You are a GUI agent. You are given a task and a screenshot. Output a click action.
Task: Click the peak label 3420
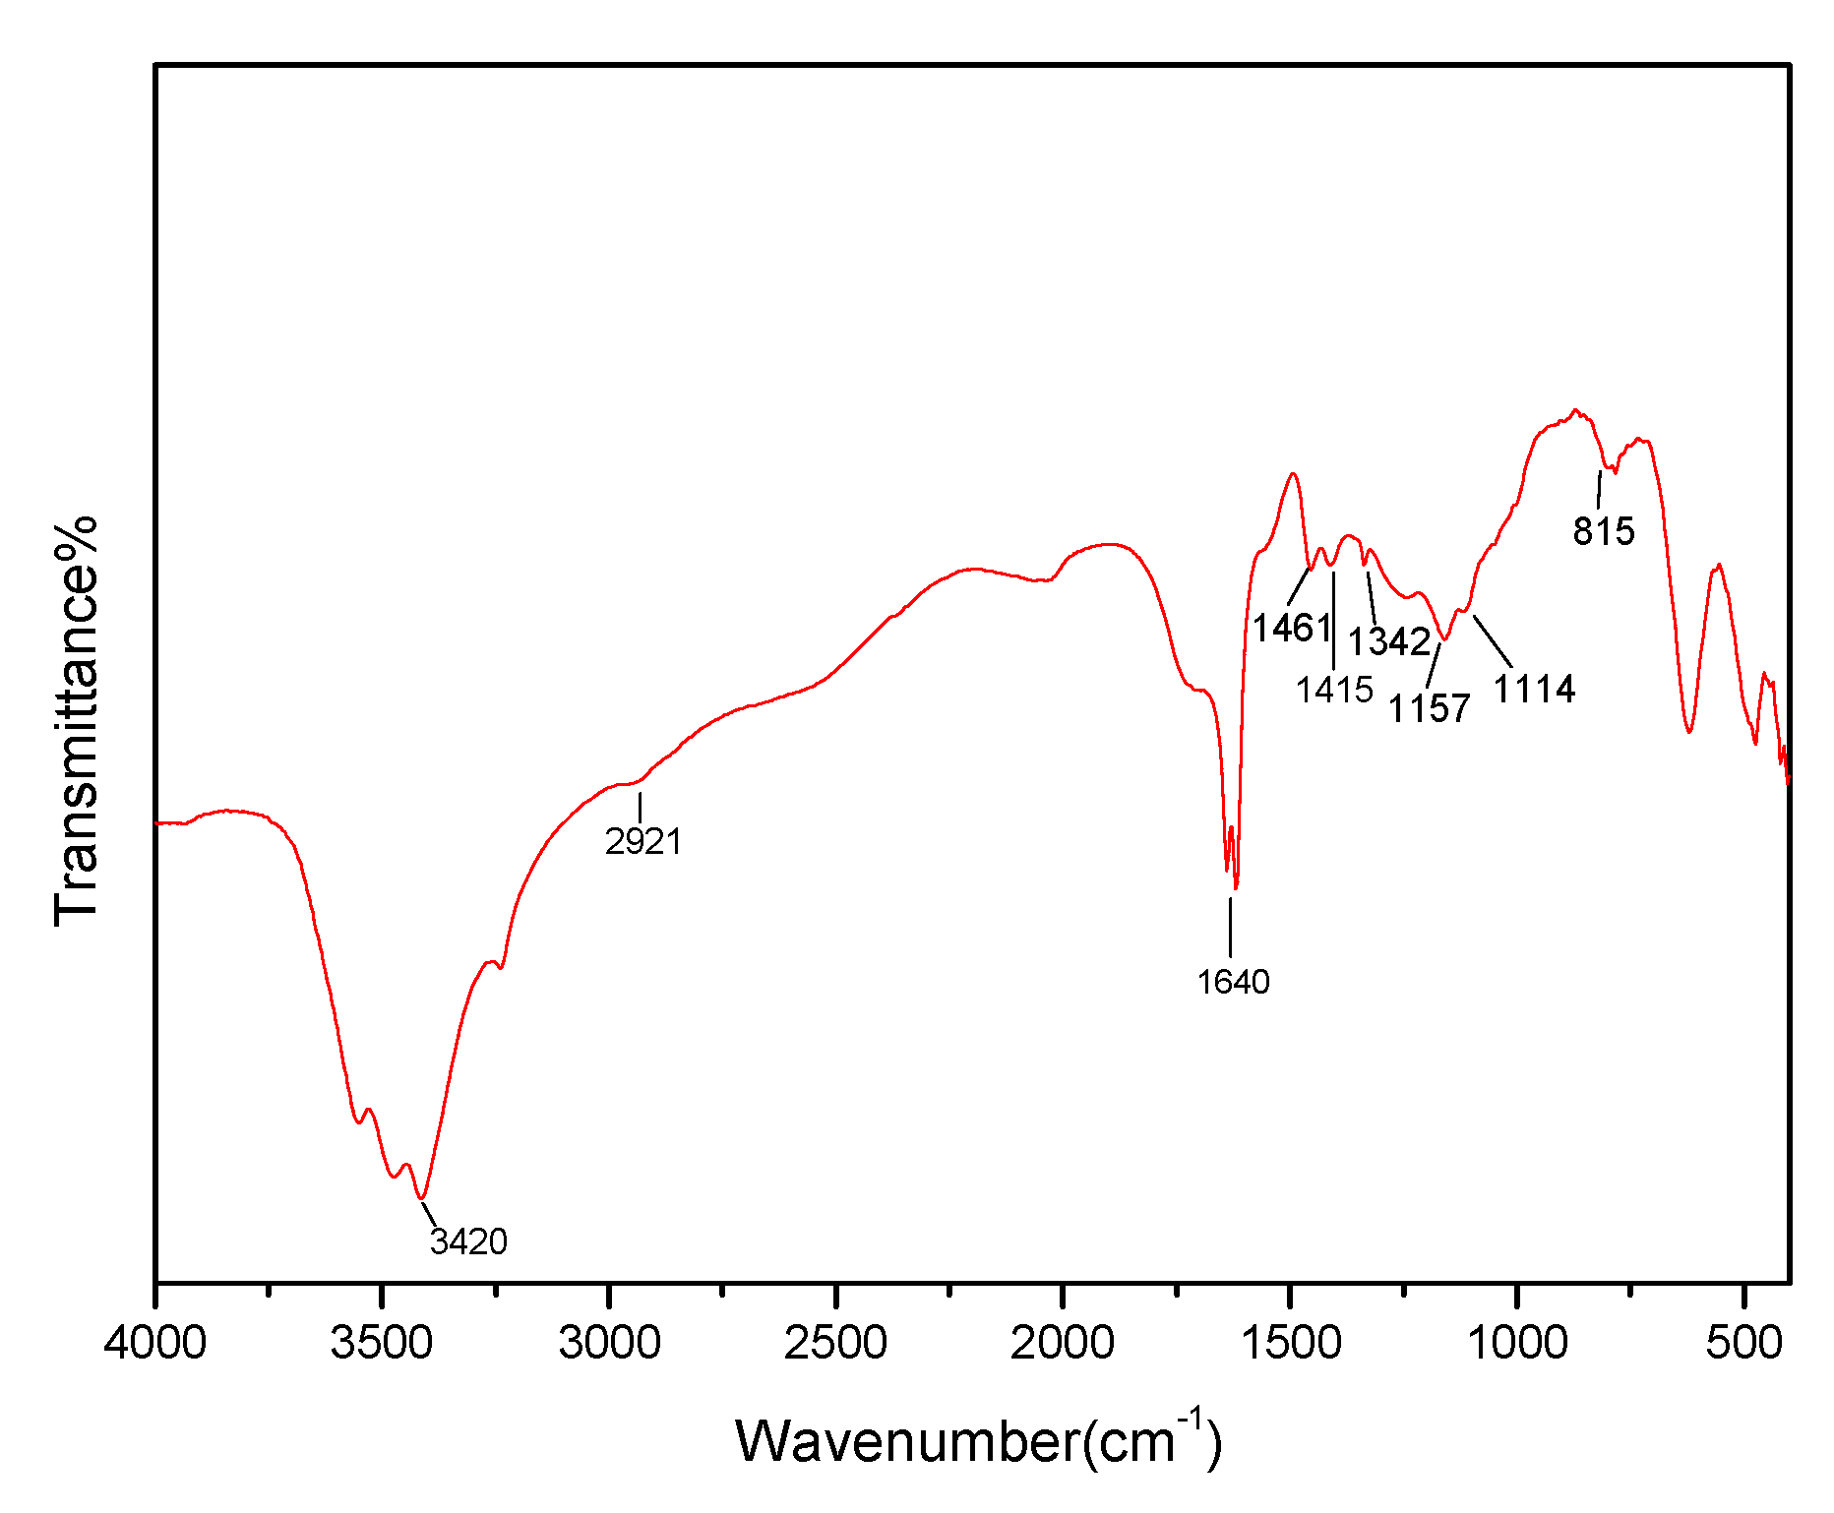[x=468, y=1241]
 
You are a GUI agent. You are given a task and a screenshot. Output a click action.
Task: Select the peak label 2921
[x=643, y=841]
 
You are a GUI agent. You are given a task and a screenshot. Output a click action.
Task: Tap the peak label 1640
[x=1233, y=981]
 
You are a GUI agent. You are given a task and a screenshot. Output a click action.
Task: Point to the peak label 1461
[x=1291, y=628]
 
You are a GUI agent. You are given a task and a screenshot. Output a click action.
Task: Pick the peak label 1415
[x=1334, y=690]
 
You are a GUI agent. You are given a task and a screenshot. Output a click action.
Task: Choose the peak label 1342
[x=1388, y=641]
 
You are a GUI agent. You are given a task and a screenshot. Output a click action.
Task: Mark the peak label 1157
[x=1429, y=708]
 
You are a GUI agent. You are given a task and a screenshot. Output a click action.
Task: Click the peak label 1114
[x=1534, y=689]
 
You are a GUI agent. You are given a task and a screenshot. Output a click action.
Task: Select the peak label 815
[x=1603, y=531]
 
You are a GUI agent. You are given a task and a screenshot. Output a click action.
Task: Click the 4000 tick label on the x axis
[x=155, y=1343]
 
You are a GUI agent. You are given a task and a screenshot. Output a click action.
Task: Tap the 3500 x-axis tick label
[x=382, y=1343]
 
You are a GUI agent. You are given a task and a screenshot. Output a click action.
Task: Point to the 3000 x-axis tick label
[x=609, y=1343]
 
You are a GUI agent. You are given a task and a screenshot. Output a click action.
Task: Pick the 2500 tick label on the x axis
[x=835, y=1343]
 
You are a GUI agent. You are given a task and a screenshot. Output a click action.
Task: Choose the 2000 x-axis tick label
[x=1062, y=1343]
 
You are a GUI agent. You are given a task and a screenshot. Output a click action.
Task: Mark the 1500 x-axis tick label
[x=1289, y=1343]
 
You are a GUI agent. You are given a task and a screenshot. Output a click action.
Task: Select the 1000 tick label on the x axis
[x=1516, y=1343]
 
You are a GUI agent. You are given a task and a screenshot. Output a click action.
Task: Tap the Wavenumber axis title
[x=978, y=1440]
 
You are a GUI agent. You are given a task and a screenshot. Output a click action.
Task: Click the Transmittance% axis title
[x=77, y=720]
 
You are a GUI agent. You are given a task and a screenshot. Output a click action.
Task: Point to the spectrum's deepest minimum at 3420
[x=422, y=1198]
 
